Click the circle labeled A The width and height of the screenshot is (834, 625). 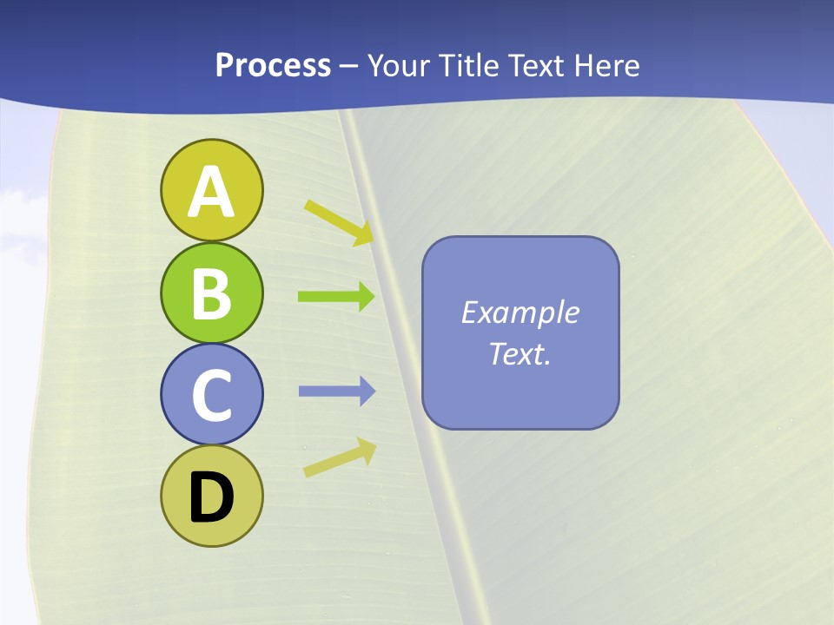click(x=211, y=190)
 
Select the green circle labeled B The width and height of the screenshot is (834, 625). click(x=211, y=293)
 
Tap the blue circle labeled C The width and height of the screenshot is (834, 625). click(x=211, y=394)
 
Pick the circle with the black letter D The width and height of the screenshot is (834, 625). click(x=211, y=497)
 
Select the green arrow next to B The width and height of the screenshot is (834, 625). click(x=335, y=297)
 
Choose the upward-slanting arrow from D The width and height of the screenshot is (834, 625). click(x=339, y=457)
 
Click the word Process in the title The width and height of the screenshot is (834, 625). click(x=273, y=66)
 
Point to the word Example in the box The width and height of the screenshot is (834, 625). click(x=520, y=312)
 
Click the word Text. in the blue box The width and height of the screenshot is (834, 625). click(x=520, y=353)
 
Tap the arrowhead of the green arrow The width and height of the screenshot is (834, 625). click(x=365, y=297)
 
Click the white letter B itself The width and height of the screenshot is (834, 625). click(x=211, y=293)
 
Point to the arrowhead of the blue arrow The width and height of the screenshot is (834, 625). click(x=366, y=391)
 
